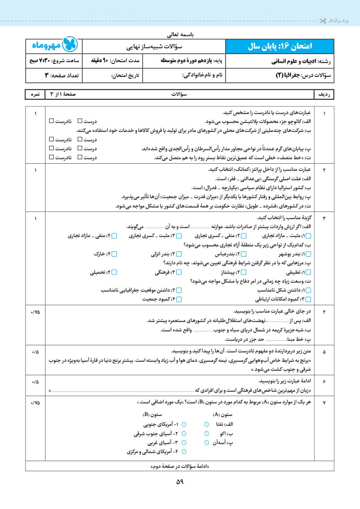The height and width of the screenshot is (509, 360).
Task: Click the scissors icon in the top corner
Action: tap(323, 21)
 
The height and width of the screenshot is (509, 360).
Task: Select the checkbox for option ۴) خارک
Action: tap(114, 254)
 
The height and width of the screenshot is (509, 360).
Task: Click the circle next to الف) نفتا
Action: tap(206, 424)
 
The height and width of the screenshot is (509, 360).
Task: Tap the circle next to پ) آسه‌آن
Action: tap(206, 443)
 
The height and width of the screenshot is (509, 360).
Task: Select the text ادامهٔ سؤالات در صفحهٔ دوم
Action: tap(180, 467)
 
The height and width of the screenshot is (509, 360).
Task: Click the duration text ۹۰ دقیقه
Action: tap(110, 60)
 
